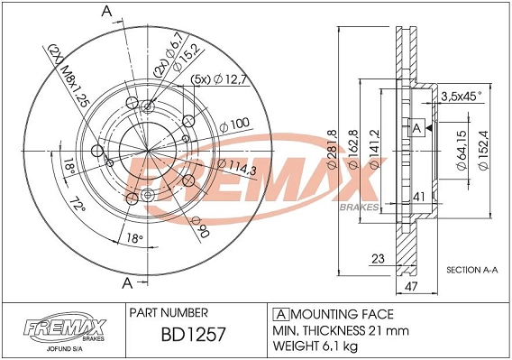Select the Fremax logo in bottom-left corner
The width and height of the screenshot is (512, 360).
(62, 328)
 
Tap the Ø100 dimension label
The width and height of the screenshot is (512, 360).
(233, 124)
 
